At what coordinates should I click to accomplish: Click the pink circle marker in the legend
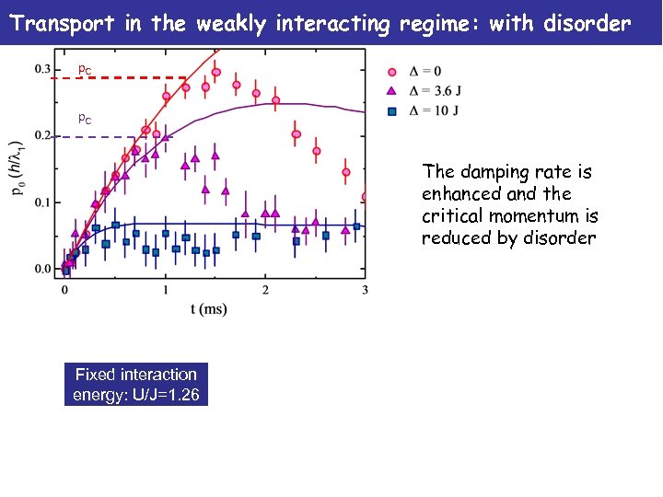[391, 71]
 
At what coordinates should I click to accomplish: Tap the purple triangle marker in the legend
[391, 90]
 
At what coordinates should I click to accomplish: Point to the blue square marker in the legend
[391, 110]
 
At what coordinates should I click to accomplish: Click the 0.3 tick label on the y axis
[43, 69]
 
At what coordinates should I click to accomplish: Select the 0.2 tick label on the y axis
[43, 136]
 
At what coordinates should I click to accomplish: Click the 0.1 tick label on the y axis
[43, 202]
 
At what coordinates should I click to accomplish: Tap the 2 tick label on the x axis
[265, 290]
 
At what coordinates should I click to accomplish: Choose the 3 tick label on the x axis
[366, 290]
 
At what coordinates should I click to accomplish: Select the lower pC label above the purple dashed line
[84, 120]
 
